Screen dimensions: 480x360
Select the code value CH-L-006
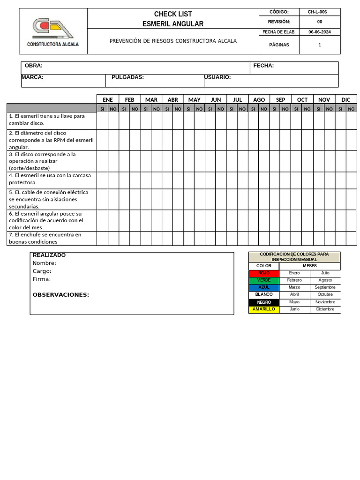317,12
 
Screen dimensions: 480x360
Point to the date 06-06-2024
320,32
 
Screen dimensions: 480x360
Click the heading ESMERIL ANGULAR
173,24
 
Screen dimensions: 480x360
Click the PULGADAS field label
127,77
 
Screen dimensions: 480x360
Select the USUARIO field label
217,77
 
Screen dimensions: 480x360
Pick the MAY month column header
194,99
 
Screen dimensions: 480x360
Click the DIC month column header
346,99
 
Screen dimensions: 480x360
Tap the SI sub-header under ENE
102,109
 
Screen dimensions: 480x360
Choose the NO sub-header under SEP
285,109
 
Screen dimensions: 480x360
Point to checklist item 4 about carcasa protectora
50,179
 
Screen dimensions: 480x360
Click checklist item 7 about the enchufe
45,238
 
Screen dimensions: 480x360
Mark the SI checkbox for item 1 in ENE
102,121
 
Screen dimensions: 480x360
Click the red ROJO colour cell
264,273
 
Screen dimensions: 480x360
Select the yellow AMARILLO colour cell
264,309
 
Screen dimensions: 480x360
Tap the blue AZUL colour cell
264,287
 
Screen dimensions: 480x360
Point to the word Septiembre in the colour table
325,287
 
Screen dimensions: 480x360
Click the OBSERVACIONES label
61,295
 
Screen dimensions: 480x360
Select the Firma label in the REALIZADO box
42,279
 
